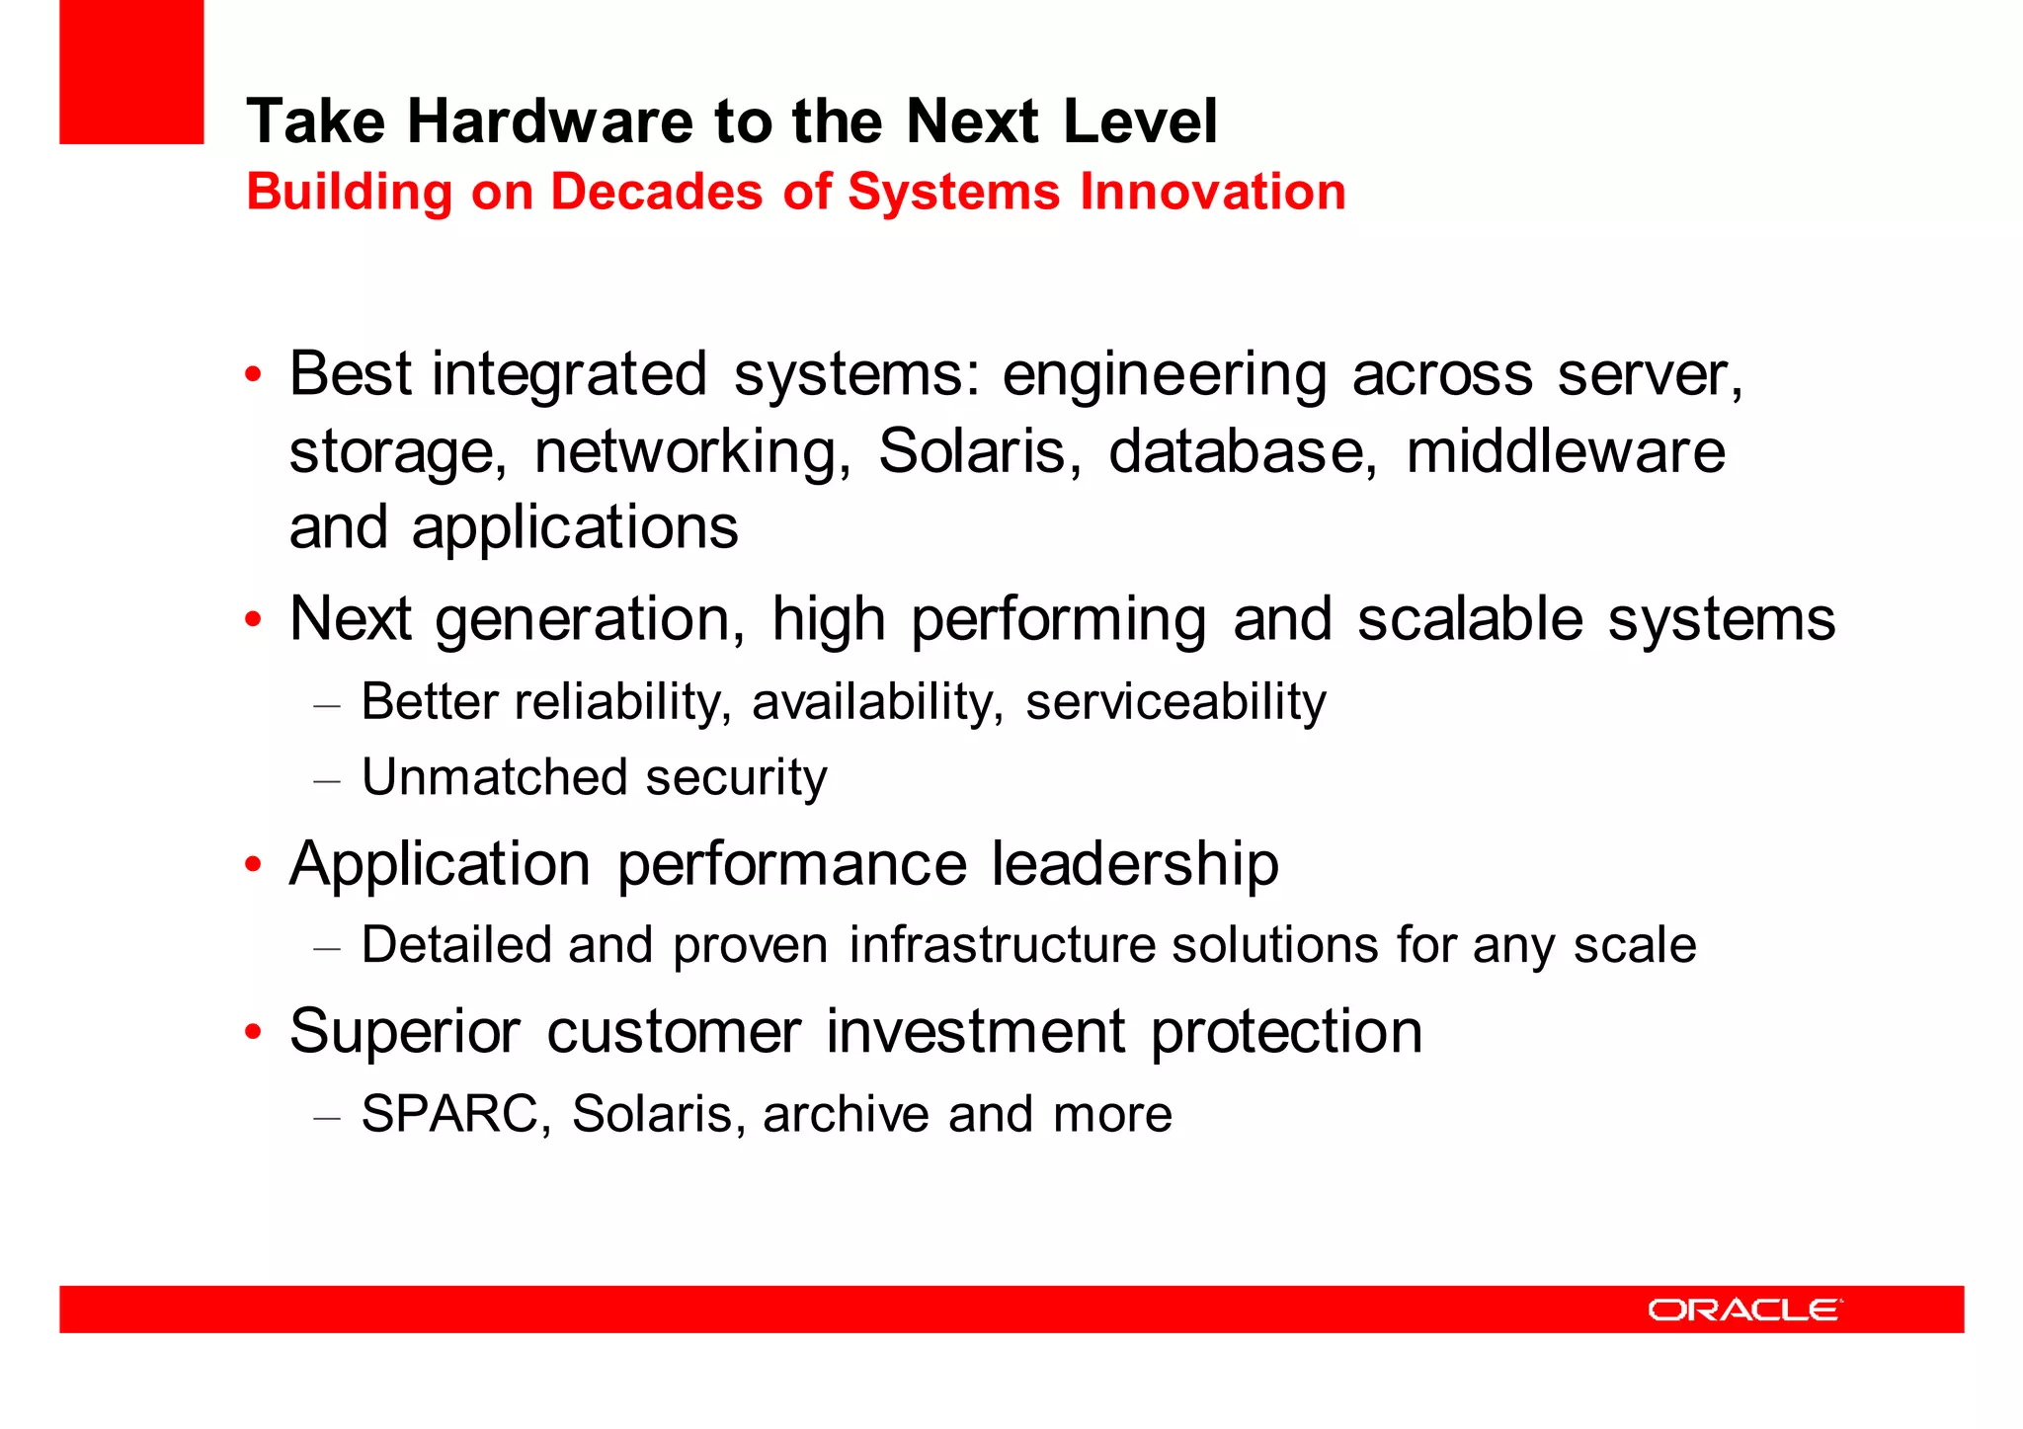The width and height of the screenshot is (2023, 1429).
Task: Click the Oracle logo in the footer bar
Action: click(1744, 1310)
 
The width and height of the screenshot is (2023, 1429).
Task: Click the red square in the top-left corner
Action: click(131, 71)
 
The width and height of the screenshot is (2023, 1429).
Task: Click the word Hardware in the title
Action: click(551, 121)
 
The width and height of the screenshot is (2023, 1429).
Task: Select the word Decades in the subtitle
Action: click(656, 192)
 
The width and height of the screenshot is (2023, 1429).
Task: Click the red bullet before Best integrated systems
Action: click(254, 375)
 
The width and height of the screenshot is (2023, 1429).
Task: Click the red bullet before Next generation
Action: click(254, 620)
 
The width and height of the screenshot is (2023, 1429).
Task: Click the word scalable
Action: click(1470, 620)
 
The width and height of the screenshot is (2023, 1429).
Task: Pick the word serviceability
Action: click(1175, 703)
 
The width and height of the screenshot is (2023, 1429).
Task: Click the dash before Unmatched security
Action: click(327, 780)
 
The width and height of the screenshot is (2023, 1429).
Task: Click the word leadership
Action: click(1135, 864)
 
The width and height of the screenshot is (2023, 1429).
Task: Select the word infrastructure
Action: click(1002, 945)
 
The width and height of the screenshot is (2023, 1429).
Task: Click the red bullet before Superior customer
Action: click(254, 1032)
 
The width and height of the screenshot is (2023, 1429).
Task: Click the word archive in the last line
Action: click(846, 1114)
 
